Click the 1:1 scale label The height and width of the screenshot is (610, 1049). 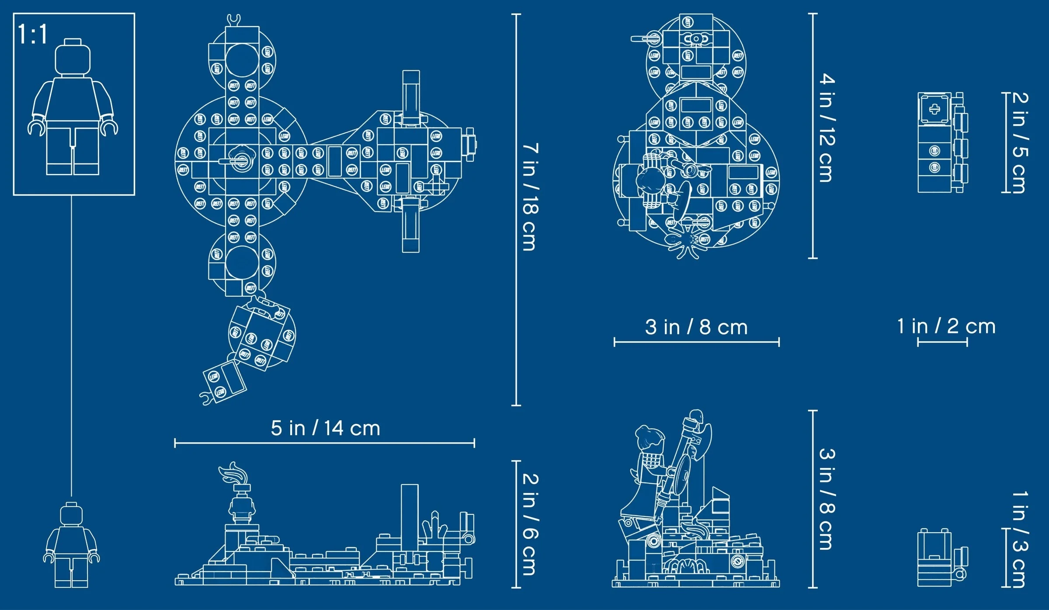pos(32,35)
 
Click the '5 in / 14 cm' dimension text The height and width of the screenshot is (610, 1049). pos(325,428)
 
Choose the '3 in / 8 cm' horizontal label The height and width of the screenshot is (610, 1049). pos(696,327)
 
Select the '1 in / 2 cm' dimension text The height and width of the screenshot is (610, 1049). pos(946,326)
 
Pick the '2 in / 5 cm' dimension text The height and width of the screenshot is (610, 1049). pos(1020,142)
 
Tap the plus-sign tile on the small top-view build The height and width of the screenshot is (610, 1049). pos(934,109)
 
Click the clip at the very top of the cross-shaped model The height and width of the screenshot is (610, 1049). pos(234,19)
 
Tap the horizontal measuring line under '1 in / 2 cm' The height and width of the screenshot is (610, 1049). pos(942,342)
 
